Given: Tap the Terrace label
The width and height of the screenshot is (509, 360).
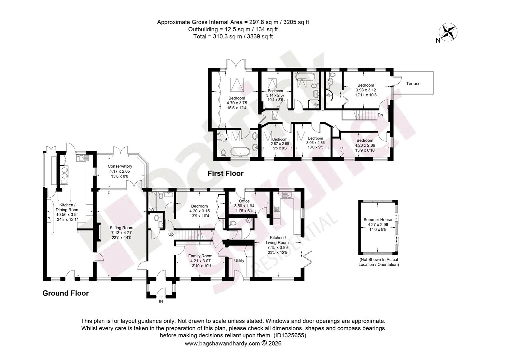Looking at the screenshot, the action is pyautogui.click(x=413, y=84).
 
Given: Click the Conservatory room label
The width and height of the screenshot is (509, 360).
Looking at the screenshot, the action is pyautogui.click(x=120, y=166).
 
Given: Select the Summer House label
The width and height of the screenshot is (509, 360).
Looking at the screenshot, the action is pyautogui.click(x=378, y=219).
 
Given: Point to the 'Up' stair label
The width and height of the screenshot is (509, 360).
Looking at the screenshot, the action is pyautogui.click(x=171, y=234).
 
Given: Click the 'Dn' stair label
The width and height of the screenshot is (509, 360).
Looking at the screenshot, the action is pyautogui.click(x=380, y=115).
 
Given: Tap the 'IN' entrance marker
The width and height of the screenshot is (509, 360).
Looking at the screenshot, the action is pyautogui.click(x=161, y=301).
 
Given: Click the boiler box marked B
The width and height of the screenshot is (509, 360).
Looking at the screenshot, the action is pyautogui.click(x=49, y=219).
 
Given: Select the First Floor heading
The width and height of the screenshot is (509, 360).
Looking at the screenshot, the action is pyautogui.click(x=226, y=174).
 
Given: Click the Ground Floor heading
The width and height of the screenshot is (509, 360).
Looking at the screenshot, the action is pyautogui.click(x=65, y=293).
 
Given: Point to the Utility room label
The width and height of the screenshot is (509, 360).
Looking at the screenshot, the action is pyautogui.click(x=239, y=261).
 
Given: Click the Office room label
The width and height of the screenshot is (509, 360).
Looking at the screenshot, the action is pyautogui.click(x=244, y=201).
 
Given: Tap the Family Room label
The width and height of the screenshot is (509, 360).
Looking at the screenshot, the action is pyautogui.click(x=200, y=256).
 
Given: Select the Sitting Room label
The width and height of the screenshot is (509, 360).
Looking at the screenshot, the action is pyautogui.click(x=121, y=228).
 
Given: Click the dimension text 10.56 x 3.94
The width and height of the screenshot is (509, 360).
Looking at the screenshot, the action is pyautogui.click(x=68, y=214).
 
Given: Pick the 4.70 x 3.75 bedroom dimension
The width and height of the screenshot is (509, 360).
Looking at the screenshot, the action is pyautogui.click(x=237, y=103).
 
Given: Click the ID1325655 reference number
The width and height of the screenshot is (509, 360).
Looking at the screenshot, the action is pyautogui.click(x=290, y=335).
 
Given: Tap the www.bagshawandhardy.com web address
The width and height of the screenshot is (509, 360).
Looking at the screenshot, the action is pyautogui.click(x=222, y=343).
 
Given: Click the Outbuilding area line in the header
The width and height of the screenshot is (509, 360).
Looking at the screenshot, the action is pyautogui.click(x=233, y=29).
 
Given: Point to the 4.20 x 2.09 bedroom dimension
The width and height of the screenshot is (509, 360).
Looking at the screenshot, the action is pyautogui.click(x=365, y=145).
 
